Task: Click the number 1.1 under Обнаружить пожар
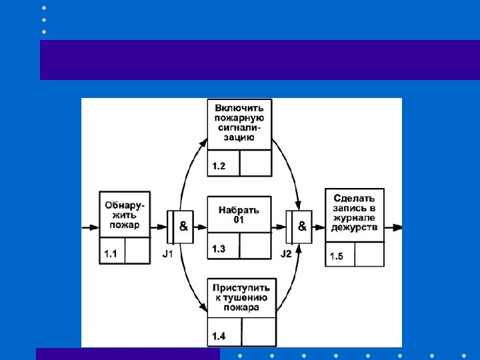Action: point(111,254)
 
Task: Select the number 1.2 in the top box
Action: point(219,166)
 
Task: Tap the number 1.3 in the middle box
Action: point(219,249)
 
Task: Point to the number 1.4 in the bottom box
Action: point(219,335)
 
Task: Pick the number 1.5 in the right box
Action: point(337,257)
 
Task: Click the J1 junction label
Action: point(168,254)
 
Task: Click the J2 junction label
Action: point(286,254)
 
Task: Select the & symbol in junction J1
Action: point(183,227)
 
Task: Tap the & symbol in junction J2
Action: point(302,227)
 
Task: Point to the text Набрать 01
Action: point(239,215)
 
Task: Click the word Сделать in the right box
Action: point(354,198)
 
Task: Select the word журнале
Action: point(354,217)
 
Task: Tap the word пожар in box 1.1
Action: point(126,225)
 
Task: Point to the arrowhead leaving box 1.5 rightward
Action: point(398,227)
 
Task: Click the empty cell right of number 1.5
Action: point(369,254)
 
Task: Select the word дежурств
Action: point(354,227)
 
